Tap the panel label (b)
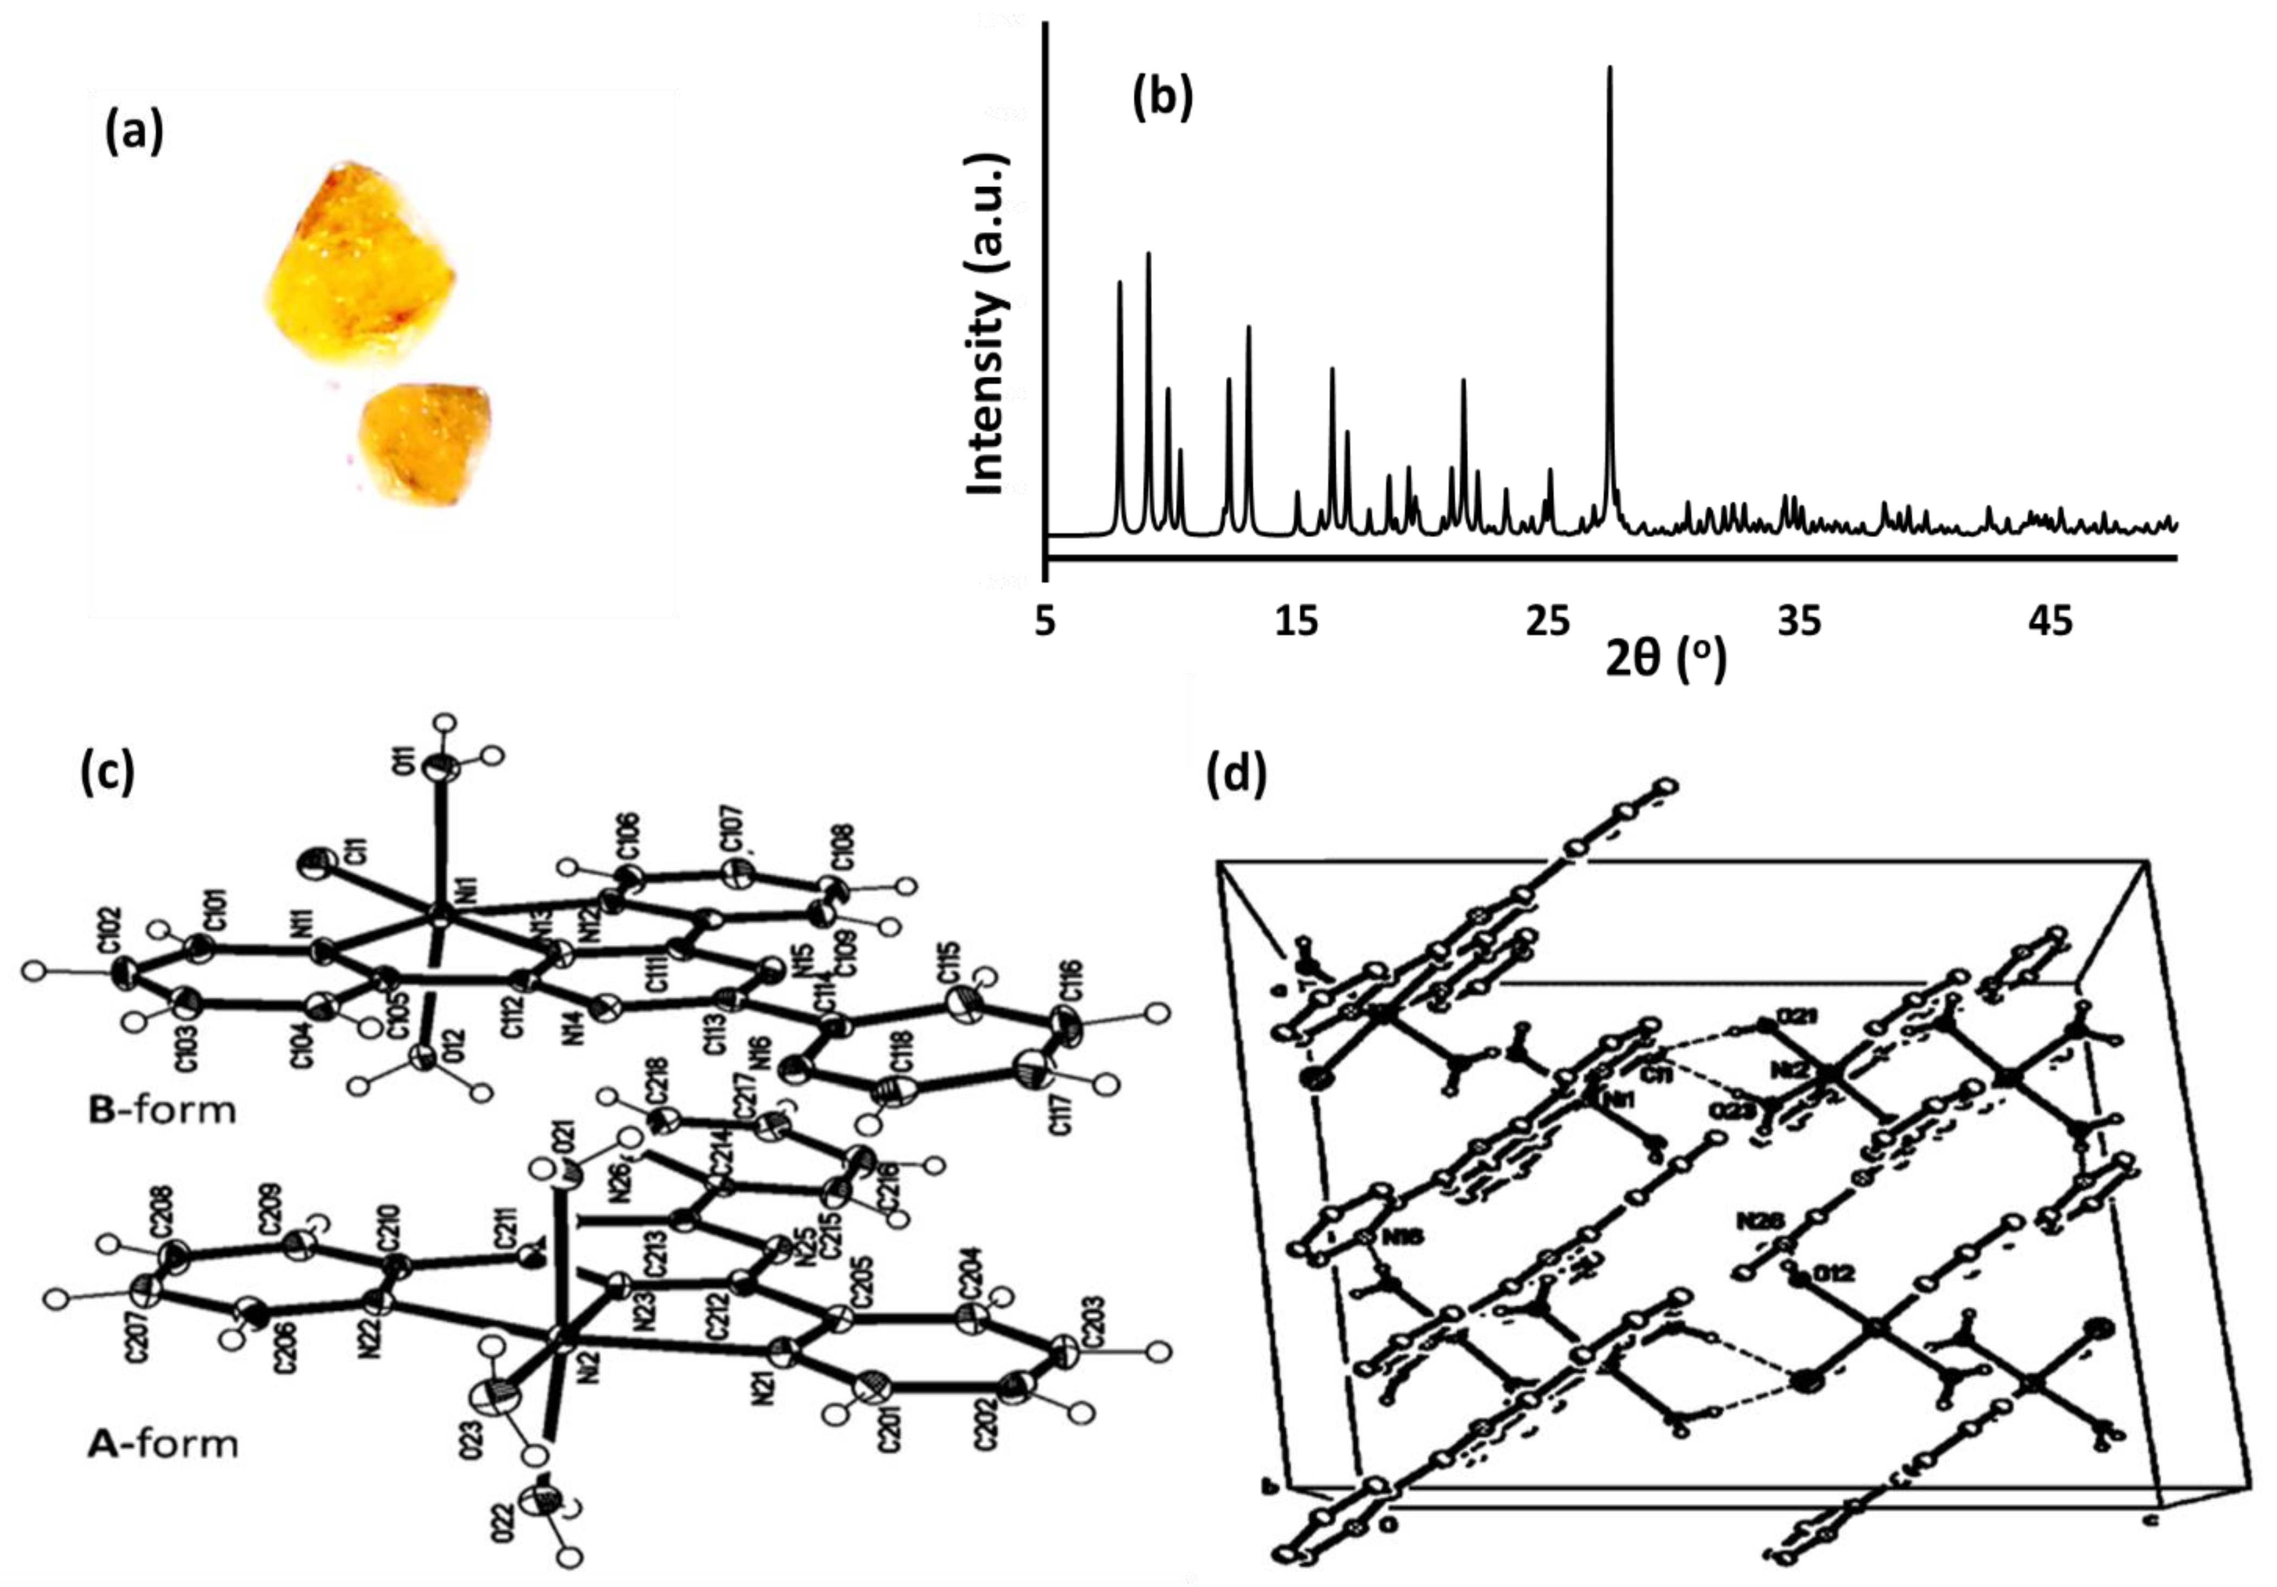1162,99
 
